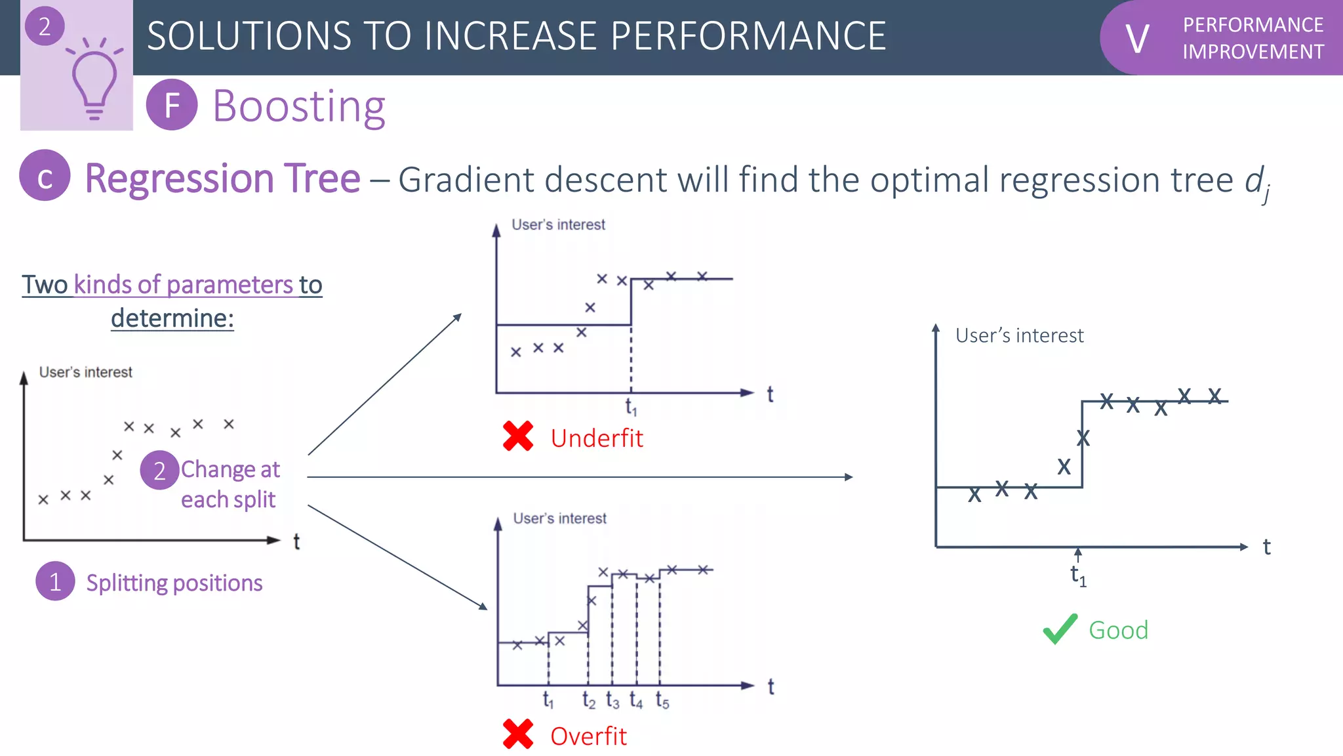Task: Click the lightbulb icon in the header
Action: click(94, 82)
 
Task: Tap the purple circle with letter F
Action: click(172, 105)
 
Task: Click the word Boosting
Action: click(299, 106)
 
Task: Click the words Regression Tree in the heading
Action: click(222, 178)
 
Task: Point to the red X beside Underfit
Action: click(518, 436)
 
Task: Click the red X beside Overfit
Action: click(518, 734)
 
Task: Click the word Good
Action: click(1118, 630)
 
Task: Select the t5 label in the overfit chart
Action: click(662, 702)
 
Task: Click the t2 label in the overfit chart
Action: click(589, 702)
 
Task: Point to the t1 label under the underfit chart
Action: click(631, 408)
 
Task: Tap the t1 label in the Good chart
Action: click(1078, 576)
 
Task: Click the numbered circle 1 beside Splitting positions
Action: click(55, 581)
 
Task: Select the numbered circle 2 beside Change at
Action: click(159, 471)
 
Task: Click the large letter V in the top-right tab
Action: click(1137, 39)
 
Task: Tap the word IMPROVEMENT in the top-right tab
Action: click(1253, 52)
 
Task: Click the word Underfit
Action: click(597, 438)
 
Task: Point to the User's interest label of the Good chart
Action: click(1019, 335)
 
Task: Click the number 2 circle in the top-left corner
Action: click(45, 26)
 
